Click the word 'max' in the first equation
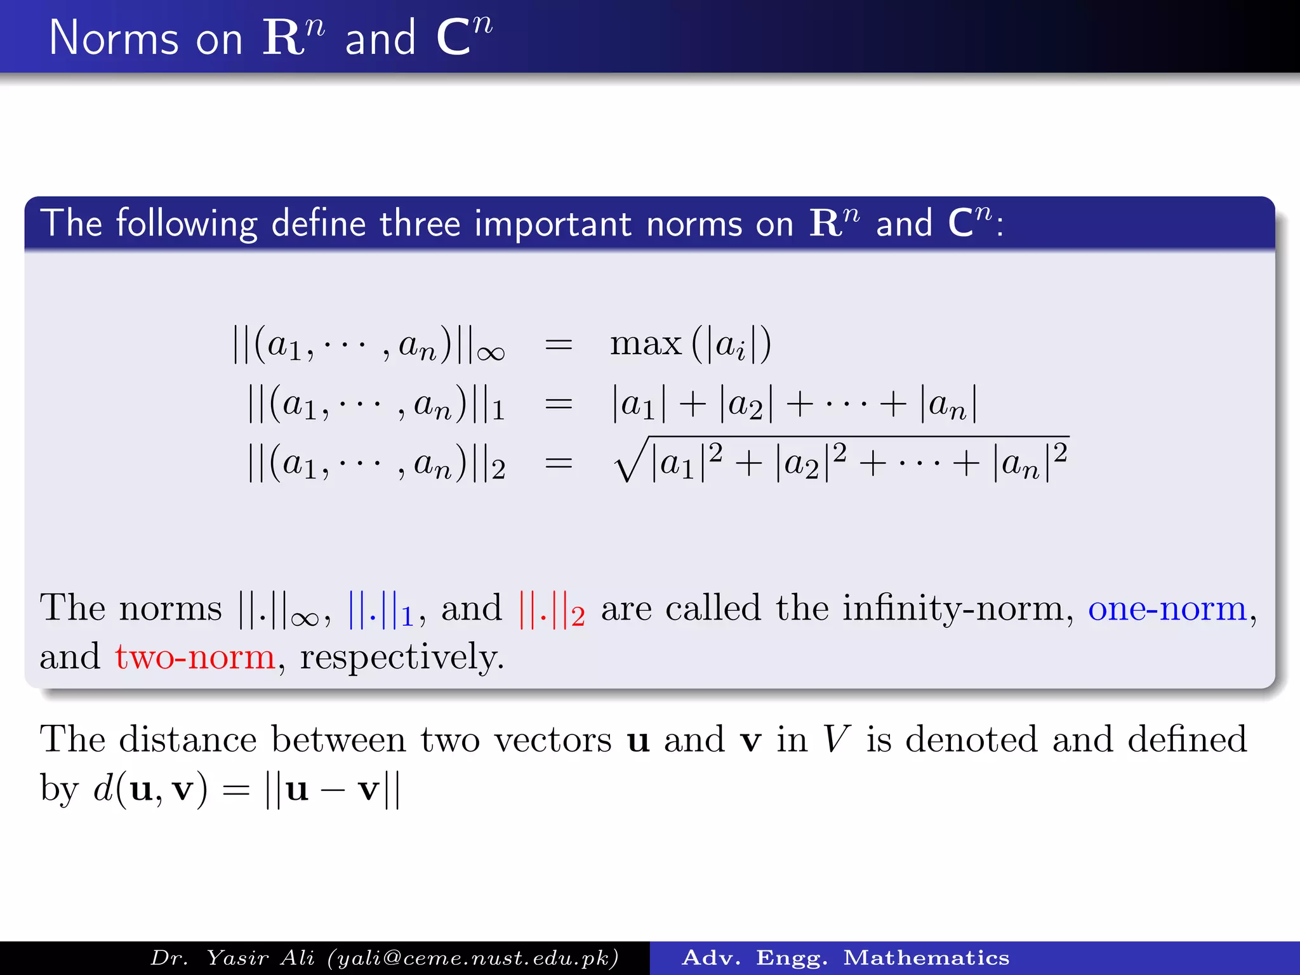[x=645, y=345]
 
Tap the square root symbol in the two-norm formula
[x=630, y=460]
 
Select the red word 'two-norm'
[x=195, y=657]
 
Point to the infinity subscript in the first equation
[x=491, y=354]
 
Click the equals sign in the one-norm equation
[x=559, y=404]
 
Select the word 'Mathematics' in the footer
[x=926, y=958]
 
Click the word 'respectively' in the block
[x=402, y=657]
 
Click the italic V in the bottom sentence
[x=836, y=740]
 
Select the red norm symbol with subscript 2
[x=551, y=611]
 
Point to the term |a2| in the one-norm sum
[x=746, y=404]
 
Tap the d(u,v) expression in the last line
[x=150, y=790]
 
